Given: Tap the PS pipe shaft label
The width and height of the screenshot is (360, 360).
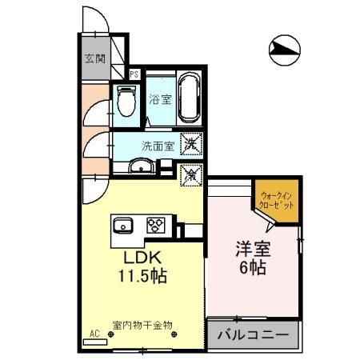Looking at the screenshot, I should pyautogui.click(x=134, y=74).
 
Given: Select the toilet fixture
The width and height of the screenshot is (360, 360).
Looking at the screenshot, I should pyautogui.click(x=126, y=102).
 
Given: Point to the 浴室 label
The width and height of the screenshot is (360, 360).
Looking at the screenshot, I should pyautogui.click(x=160, y=100).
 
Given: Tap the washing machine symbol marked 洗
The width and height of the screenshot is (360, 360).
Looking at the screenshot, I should pyautogui.click(x=191, y=144).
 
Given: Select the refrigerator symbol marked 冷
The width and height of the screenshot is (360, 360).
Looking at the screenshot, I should pyautogui.click(x=191, y=172).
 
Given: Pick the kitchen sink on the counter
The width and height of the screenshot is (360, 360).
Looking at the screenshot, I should pyautogui.click(x=125, y=224).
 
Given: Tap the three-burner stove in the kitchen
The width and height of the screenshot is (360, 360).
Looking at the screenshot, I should pyautogui.click(x=155, y=224).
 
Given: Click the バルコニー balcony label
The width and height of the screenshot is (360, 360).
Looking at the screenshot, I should pyautogui.click(x=253, y=334).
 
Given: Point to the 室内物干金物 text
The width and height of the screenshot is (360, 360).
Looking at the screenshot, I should pyautogui.click(x=143, y=324).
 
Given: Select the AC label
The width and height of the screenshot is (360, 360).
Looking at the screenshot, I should pyautogui.click(x=94, y=334).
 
